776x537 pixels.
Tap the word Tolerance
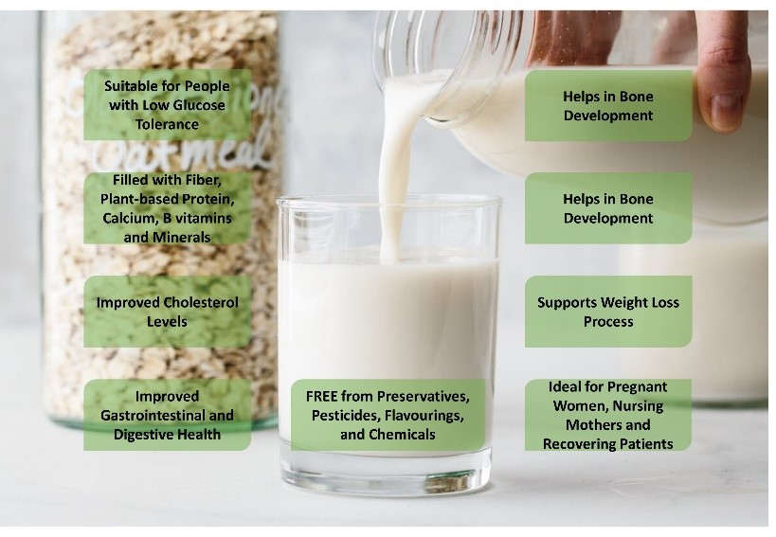tap(168, 124)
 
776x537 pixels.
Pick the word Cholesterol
tap(201, 303)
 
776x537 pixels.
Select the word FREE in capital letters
tap(322, 397)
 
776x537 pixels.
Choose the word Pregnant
tap(638, 386)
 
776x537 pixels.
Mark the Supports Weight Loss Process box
tap(608, 312)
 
